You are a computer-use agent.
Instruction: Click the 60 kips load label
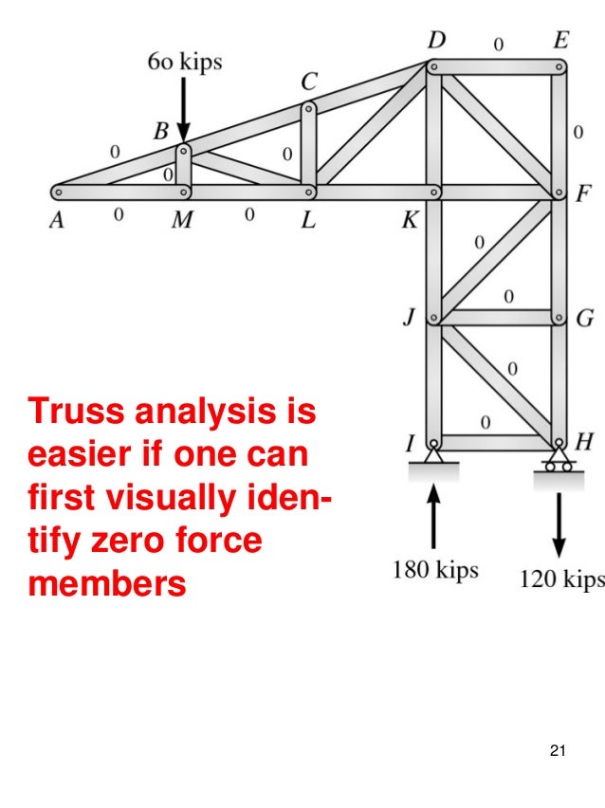184,63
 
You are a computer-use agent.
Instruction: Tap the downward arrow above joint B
183,112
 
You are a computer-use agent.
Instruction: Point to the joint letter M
182,220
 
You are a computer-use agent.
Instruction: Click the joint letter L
308,220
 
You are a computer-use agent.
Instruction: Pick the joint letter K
411,221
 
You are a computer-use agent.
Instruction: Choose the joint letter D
437,42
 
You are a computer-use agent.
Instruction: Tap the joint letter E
560,42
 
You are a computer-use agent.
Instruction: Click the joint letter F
583,196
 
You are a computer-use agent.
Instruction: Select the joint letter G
584,319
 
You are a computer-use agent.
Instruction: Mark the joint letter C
309,83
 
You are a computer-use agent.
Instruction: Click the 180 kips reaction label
435,571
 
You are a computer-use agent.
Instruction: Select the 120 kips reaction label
560,578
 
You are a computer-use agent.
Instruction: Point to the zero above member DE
498,43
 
